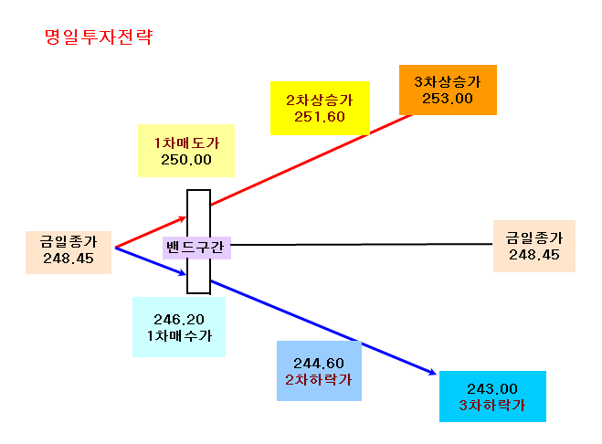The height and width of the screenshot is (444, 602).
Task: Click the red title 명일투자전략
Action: [x=99, y=37]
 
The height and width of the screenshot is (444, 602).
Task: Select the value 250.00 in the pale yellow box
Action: [x=186, y=160]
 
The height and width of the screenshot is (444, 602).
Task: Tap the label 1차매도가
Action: [x=186, y=143]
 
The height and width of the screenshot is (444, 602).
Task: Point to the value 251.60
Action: [x=320, y=117]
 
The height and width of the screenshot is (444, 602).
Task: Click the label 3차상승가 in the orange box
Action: [x=448, y=82]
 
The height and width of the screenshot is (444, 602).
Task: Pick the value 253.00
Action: [x=448, y=99]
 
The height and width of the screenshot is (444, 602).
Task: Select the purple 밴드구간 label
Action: [x=196, y=248]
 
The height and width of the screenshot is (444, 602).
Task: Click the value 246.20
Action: [x=179, y=320]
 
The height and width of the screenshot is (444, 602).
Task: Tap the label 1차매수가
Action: [x=179, y=335]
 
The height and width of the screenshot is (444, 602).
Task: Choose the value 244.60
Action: [x=319, y=364]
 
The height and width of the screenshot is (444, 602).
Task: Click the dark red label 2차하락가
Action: [x=319, y=380]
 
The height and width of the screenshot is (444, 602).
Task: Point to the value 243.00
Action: [x=492, y=389]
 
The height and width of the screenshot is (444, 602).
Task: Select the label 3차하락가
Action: [x=492, y=406]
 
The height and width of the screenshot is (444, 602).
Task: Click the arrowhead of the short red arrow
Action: [x=184, y=218]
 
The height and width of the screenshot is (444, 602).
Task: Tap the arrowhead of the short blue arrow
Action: [x=184, y=273]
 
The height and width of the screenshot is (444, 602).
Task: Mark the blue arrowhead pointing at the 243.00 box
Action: [x=433, y=372]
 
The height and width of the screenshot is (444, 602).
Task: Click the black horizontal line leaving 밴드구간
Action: [x=361, y=244]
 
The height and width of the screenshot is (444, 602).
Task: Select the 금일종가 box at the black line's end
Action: [x=534, y=246]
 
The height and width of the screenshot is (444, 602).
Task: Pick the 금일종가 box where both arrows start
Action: [x=69, y=252]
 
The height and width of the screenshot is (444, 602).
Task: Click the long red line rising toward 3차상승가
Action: [x=311, y=159]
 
